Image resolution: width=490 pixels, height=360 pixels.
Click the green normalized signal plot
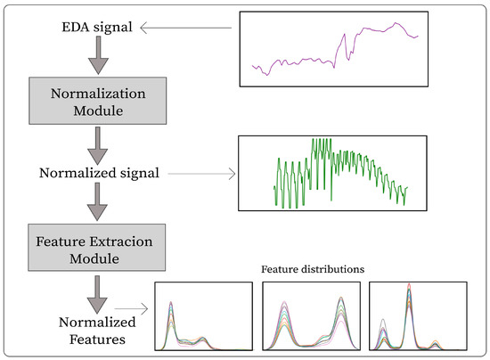339,172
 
